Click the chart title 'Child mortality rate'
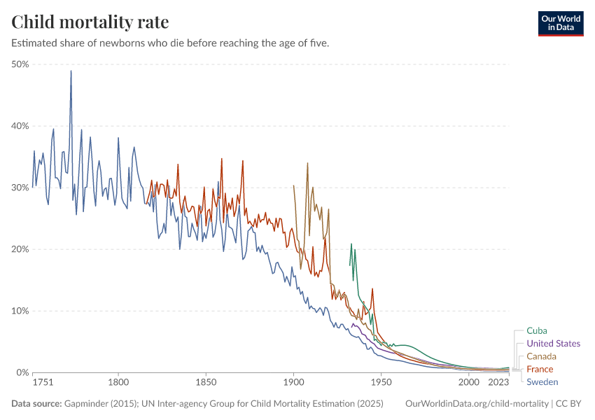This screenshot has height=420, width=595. [x=90, y=22]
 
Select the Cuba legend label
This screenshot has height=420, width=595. [x=537, y=330]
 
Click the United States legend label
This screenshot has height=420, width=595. [x=553, y=343]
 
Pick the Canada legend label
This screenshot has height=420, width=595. [x=541, y=356]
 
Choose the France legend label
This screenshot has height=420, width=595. [x=540, y=369]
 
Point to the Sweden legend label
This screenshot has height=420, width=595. [x=542, y=381]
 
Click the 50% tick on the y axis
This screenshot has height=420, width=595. [x=20, y=64]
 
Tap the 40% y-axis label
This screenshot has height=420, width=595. [x=20, y=126]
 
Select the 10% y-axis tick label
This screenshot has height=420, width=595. [x=20, y=311]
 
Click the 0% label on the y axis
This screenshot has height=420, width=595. [x=22, y=372]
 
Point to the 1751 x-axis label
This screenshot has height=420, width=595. [x=42, y=383]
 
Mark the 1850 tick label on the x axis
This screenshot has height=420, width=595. [x=206, y=383]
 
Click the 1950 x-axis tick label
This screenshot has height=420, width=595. [x=381, y=383]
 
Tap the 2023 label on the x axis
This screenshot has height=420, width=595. [x=498, y=383]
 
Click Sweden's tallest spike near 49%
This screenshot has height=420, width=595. [x=71, y=71]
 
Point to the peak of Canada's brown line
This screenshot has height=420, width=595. [x=307, y=163]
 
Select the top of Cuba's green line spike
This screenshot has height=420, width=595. [x=351, y=244]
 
